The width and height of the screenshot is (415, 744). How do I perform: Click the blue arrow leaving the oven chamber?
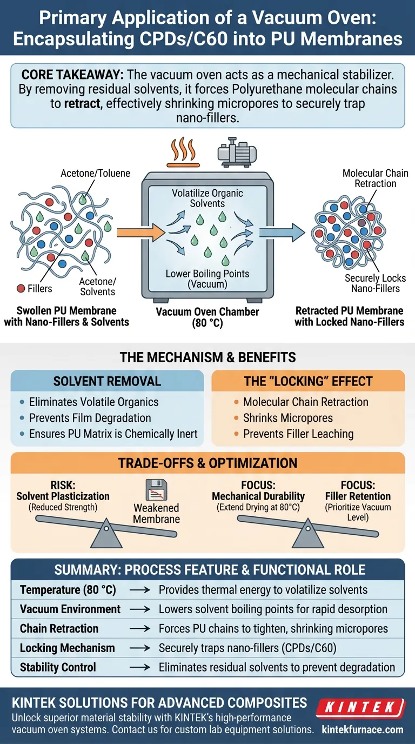[280, 232]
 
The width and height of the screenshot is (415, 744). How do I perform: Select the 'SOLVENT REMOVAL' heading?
[107, 381]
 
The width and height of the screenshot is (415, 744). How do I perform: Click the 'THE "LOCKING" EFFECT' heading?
[307, 381]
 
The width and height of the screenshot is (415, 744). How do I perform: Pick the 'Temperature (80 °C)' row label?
[68, 590]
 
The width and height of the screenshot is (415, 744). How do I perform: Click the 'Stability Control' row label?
[59, 667]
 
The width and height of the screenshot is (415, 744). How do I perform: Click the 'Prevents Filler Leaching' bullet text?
[298, 434]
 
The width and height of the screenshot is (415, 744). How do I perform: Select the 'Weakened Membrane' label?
[157, 513]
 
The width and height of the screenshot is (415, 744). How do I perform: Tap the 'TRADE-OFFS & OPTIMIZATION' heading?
[207, 463]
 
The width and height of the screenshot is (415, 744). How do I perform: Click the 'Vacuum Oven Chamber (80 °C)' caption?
[207, 317]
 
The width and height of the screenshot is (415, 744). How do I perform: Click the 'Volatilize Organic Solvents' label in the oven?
[207, 198]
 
